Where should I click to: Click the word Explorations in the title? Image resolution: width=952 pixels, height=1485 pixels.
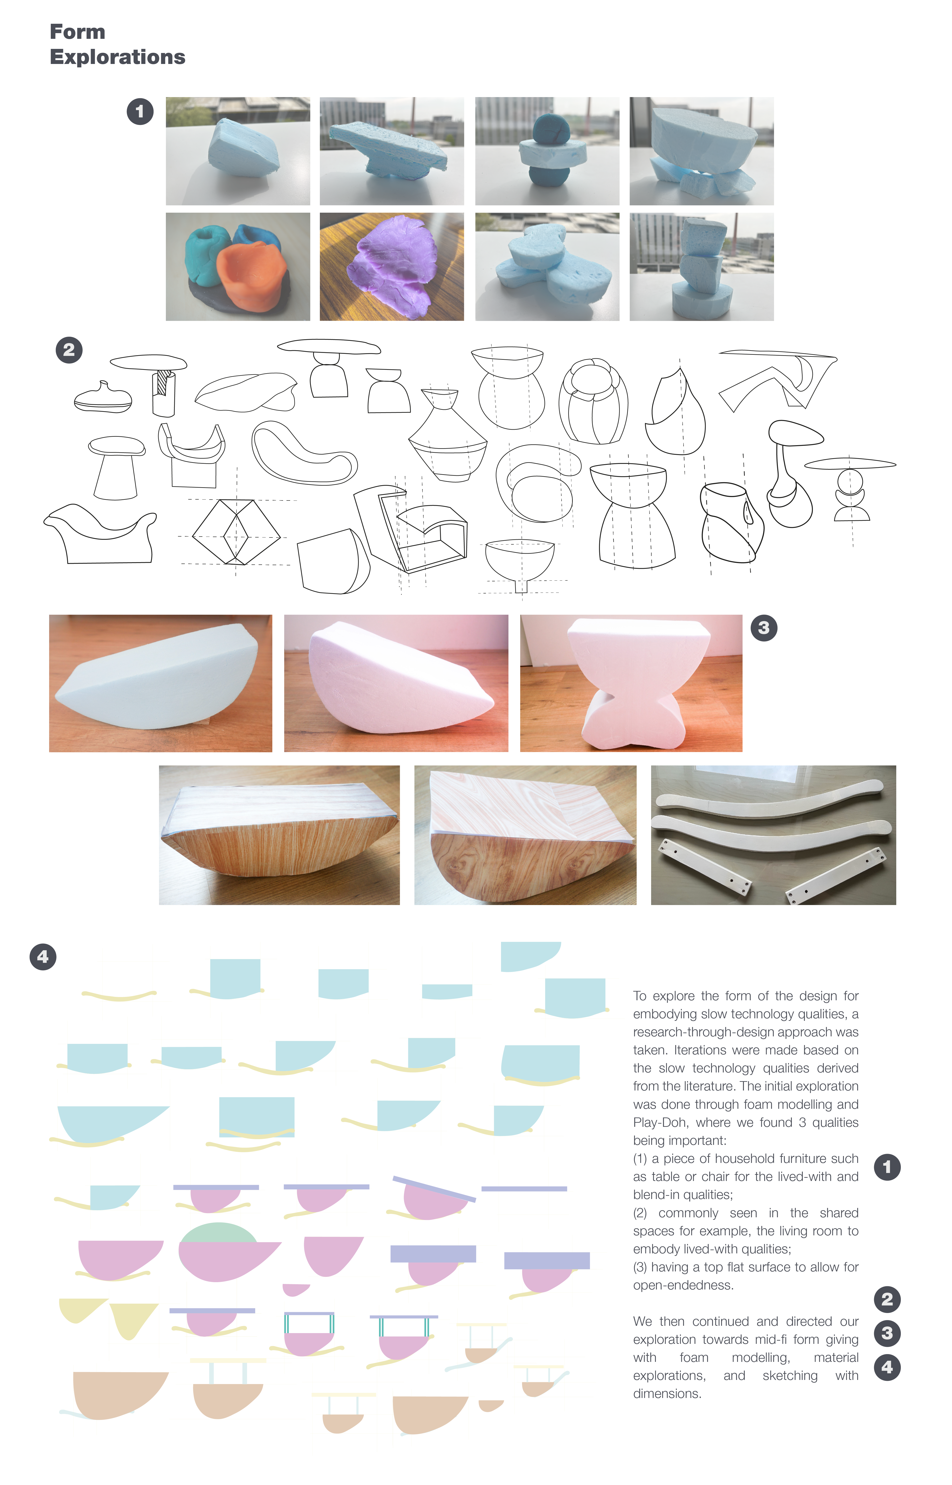117,57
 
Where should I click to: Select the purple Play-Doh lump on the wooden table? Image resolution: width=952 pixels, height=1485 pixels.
391,266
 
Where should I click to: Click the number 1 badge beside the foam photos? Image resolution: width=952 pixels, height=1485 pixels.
140,112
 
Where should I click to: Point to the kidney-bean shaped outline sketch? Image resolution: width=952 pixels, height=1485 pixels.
303,454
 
